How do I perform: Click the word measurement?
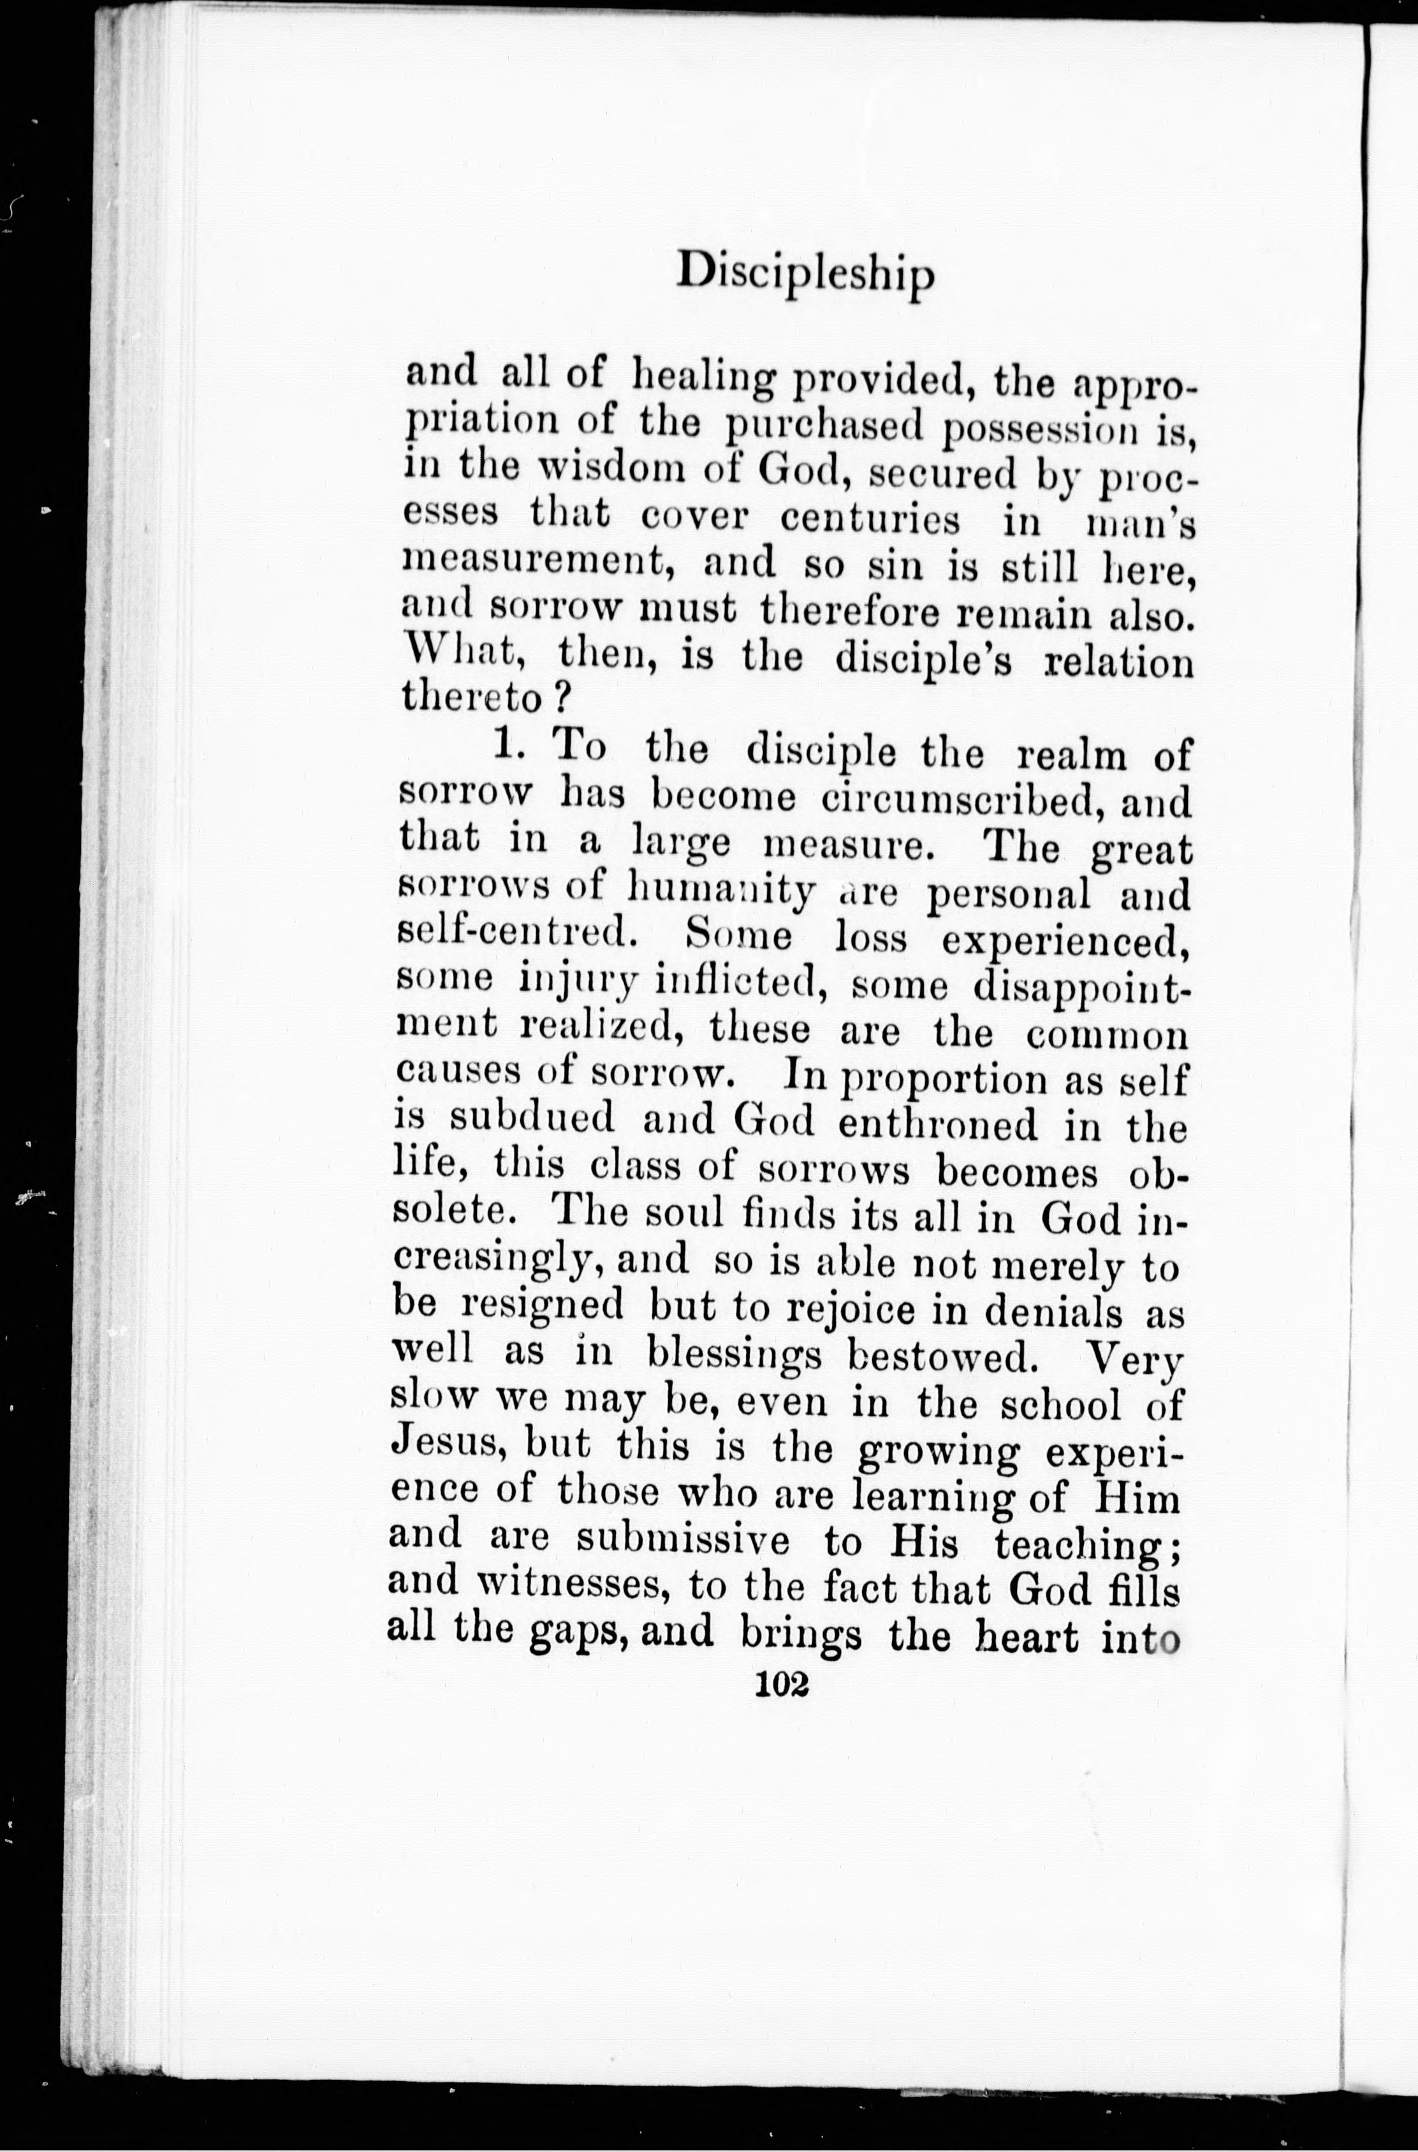tap(539, 566)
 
